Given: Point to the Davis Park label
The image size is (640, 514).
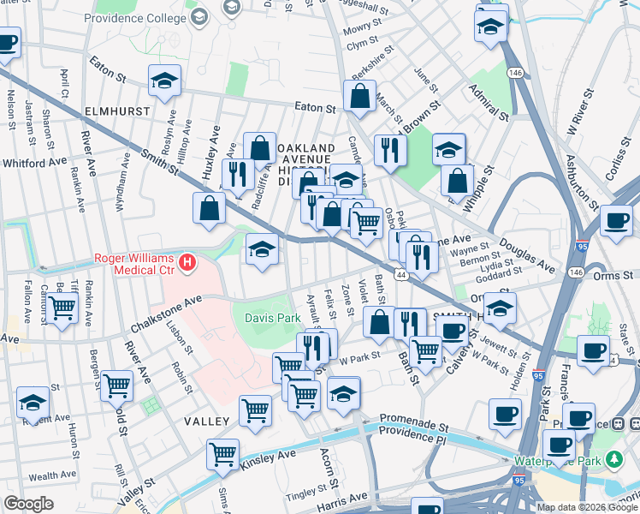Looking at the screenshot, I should (x=272, y=318).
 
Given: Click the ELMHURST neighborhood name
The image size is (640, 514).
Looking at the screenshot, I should (x=113, y=111).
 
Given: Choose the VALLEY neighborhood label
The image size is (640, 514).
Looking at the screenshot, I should (x=205, y=421).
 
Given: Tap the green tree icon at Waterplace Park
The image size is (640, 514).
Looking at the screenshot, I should (x=613, y=460).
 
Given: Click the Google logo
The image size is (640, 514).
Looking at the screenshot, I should (x=28, y=504).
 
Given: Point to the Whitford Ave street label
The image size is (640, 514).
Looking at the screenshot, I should (x=34, y=162).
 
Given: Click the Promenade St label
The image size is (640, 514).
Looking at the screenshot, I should (x=415, y=425).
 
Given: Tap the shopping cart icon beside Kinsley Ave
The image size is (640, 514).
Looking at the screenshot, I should (x=222, y=453).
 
